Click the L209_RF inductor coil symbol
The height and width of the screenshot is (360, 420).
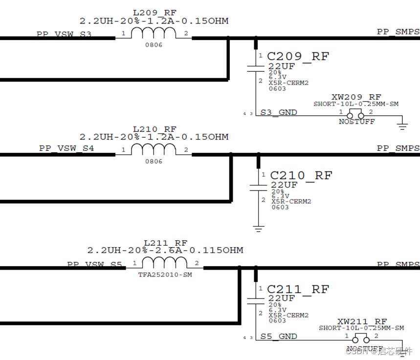pyautogui.click(x=154, y=33)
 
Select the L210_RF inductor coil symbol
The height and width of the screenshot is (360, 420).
pyautogui.click(x=154, y=149)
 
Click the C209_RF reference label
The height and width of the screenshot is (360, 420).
pyautogui.click(x=298, y=57)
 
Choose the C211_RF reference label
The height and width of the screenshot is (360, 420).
pyautogui.click(x=298, y=289)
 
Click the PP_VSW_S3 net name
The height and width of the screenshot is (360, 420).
pyautogui.click(x=64, y=35)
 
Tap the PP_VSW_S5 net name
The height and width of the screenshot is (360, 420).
pyautogui.click(x=95, y=264)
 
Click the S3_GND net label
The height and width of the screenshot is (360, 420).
pyautogui.click(x=279, y=112)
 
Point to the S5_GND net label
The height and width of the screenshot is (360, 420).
pyautogui.click(x=279, y=336)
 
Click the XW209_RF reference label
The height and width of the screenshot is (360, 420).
pyautogui.click(x=356, y=97)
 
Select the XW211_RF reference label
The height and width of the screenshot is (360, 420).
pyautogui.click(x=362, y=321)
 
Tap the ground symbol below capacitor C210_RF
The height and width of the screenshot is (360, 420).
pyautogui.click(x=259, y=228)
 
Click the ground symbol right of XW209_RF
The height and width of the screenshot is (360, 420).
pyautogui.click(x=402, y=126)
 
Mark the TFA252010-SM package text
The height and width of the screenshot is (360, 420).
pyautogui.click(x=165, y=275)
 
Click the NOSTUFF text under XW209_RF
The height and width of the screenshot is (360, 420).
pyautogui.click(x=356, y=121)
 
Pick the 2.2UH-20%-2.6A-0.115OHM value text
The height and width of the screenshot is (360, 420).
pyautogui.click(x=165, y=250)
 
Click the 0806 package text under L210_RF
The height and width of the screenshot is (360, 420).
pyautogui.click(x=154, y=161)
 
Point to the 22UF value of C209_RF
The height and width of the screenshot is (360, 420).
pyautogui.click(x=281, y=66)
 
